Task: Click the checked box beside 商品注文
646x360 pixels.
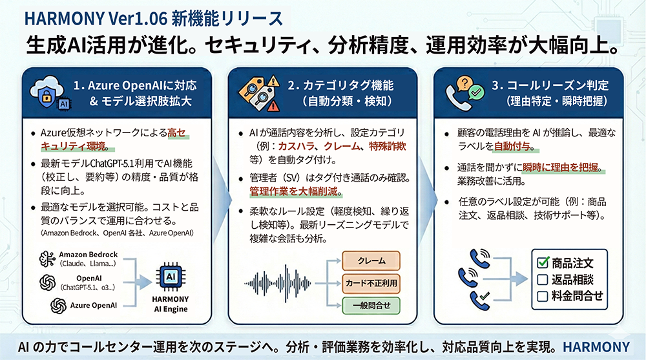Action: click(x=543, y=263)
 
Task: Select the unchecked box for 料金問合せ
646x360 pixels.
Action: click(x=543, y=296)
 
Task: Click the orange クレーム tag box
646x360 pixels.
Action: click(x=371, y=262)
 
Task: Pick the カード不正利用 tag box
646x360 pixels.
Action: click(x=371, y=283)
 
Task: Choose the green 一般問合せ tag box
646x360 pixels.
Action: click(x=371, y=304)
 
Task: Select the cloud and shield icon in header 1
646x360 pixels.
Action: click(x=47, y=93)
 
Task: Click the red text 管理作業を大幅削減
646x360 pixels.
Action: click(x=297, y=192)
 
